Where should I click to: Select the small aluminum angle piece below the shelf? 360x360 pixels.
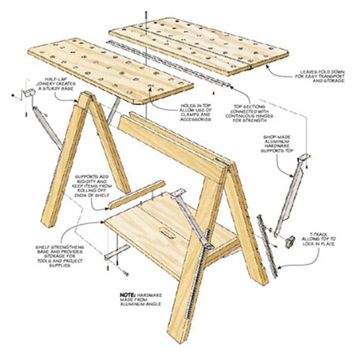point(118,252)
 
